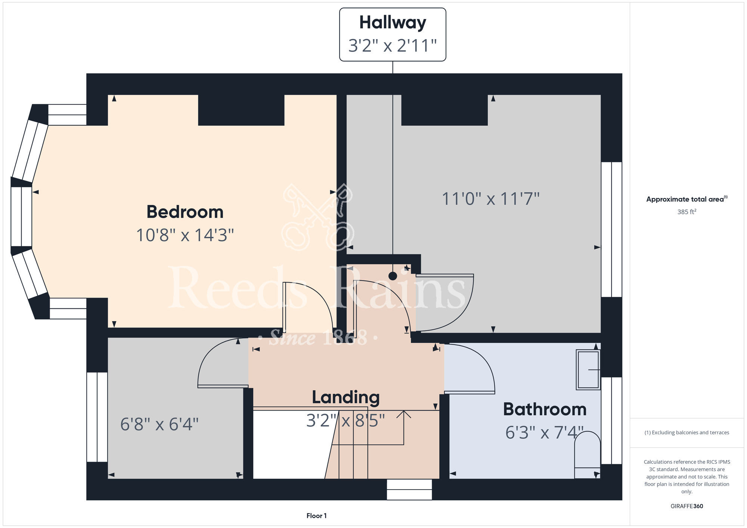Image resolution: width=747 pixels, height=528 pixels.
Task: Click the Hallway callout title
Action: (x=393, y=23)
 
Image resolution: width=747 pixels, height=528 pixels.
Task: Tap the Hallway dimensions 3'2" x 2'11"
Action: (x=393, y=46)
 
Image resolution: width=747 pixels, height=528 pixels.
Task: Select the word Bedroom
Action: (x=185, y=212)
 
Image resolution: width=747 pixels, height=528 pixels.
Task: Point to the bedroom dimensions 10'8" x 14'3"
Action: (x=185, y=235)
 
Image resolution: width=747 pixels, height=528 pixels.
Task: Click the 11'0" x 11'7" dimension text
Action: (x=491, y=199)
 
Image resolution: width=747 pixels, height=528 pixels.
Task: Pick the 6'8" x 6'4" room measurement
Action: (x=159, y=424)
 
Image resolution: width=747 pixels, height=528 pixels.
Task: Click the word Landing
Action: (x=346, y=398)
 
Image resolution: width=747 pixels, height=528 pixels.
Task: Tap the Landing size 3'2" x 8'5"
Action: (x=345, y=420)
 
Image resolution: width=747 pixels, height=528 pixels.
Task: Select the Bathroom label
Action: (x=545, y=409)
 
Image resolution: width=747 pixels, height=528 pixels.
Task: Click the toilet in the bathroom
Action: (x=587, y=455)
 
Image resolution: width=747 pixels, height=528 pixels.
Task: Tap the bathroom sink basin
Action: (x=588, y=370)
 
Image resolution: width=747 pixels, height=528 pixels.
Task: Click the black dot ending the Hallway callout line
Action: (x=393, y=276)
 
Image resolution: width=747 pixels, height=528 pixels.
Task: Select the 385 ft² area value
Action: (x=687, y=212)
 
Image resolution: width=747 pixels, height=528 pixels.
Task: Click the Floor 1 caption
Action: (x=316, y=516)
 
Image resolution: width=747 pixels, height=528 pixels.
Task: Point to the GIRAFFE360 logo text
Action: (x=687, y=506)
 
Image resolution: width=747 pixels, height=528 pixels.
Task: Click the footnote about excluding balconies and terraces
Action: (x=687, y=432)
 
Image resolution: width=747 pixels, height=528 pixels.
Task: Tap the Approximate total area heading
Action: (x=687, y=199)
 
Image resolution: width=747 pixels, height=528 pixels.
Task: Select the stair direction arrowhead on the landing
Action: (x=403, y=414)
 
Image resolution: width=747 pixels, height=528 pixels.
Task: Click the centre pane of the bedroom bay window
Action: (x=21, y=217)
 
